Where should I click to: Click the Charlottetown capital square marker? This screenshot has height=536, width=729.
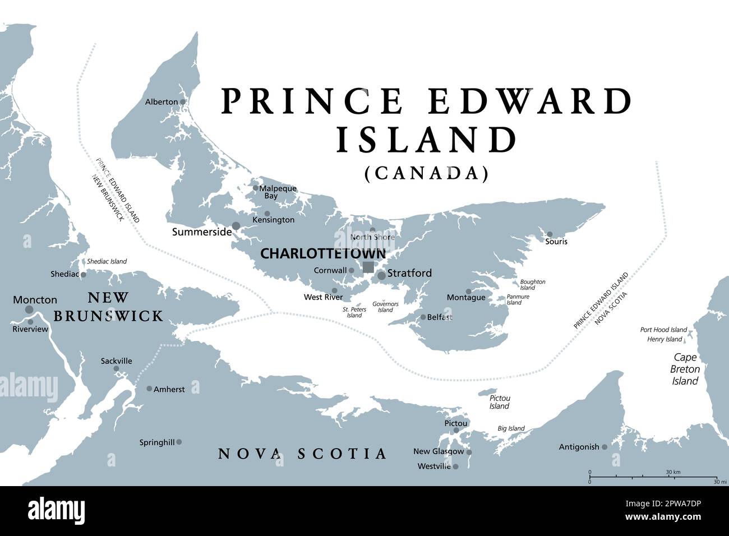pyautogui.click(x=368, y=267)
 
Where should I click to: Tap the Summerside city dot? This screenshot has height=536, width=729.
pyautogui.click(x=236, y=226)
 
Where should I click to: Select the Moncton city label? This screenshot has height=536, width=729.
pyautogui.click(x=35, y=300)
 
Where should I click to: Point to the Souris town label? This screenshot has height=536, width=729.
pyautogui.click(x=556, y=242)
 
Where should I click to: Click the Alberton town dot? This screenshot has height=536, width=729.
pyautogui.click(x=182, y=102)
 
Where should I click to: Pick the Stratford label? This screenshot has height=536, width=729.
pyautogui.click(x=409, y=273)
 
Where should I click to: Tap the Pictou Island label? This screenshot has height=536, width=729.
pyautogui.click(x=499, y=402)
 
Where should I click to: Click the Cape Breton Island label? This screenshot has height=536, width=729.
pyautogui.click(x=685, y=369)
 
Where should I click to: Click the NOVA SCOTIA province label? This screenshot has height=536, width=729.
pyautogui.click(x=302, y=453)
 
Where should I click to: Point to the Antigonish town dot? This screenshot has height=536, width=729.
pyautogui.click(x=605, y=447)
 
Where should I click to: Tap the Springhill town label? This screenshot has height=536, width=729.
pyautogui.click(x=157, y=442)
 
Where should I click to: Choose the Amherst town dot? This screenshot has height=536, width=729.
pyautogui.click(x=149, y=389)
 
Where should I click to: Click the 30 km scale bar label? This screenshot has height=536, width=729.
pyautogui.click(x=673, y=473)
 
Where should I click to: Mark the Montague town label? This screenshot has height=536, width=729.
pyautogui.click(x=465, y=298)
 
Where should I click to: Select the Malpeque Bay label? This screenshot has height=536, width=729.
pyautogui.click(x=277, y=192)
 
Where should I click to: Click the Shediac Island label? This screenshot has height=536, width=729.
pyautogui.click(x=107, y=261)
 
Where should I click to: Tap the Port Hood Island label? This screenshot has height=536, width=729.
pyautogui.click(x=663, y=330)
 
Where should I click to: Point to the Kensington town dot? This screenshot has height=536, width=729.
pyautogui.click(x=267, y=214)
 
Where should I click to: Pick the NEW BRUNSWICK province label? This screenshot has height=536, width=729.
pyautogui.click(x=108, y=307)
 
